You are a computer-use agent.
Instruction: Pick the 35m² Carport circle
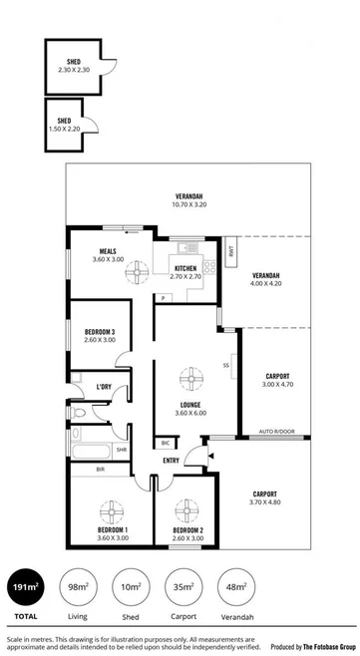point(183,588)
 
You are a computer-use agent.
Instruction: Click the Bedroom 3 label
point(100,331)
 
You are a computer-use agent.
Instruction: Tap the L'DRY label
point(103,386)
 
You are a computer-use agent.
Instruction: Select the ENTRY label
point(171,460)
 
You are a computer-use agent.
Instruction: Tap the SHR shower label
point(121,449)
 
